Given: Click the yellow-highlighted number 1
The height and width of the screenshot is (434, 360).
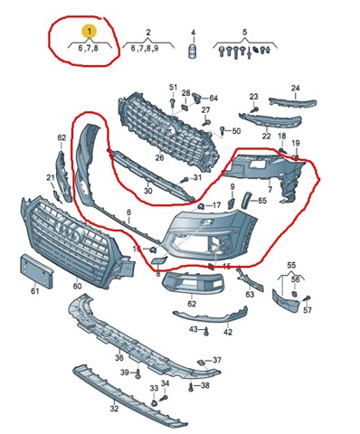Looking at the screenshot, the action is pyautogui.click(x=90, y=31).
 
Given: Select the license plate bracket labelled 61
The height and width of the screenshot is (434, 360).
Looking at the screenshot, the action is pyautogui.click(x=36, y=271).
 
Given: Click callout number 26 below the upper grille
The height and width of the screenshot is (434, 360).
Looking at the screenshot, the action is pyautogui.click(x=159, y=157).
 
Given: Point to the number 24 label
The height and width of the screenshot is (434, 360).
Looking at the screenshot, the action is pyautogui.click(x=296, y=88).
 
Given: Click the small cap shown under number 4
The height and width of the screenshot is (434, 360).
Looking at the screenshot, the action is pyautogui.click(x=193, y=52).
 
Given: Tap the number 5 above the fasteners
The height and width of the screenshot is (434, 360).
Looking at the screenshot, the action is pyautogui.click(x=245, y=32).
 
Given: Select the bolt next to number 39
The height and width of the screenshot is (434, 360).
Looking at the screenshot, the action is pyautogui.click(x=138, y=373).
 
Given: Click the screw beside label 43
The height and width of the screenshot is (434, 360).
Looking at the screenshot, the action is pyautogui.click(x=206, y=332).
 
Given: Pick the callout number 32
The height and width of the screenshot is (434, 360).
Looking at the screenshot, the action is pyautogui.click(x=114, y=409).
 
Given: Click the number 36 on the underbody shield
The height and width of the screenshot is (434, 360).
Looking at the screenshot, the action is pyautogui.click(x=119, y=358).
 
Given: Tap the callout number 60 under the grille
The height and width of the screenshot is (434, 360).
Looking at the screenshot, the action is pyautogui.click(x=77, y=286).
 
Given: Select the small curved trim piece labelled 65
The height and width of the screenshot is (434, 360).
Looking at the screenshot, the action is pyautogui.click(x=246, y=200).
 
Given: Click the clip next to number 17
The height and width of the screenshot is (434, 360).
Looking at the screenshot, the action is pyautogui.click(x=200, y=206).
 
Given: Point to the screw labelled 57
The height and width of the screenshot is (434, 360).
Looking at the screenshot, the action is pyautogui.click(x=307, y=298).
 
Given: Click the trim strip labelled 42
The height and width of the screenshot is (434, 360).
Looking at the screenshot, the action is pyautogui.click(x=211, y=316).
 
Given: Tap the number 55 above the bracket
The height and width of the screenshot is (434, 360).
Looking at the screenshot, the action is pyautogui.click(x=291, y=266).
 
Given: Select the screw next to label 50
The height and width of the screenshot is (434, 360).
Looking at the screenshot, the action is pyautogui.click(x=223, y=130).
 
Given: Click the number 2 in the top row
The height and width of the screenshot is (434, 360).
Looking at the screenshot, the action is pyautogui.click(x=148, y=33).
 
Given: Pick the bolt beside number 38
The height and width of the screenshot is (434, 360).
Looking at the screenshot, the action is pyautogui.click(x=191, y=386).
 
